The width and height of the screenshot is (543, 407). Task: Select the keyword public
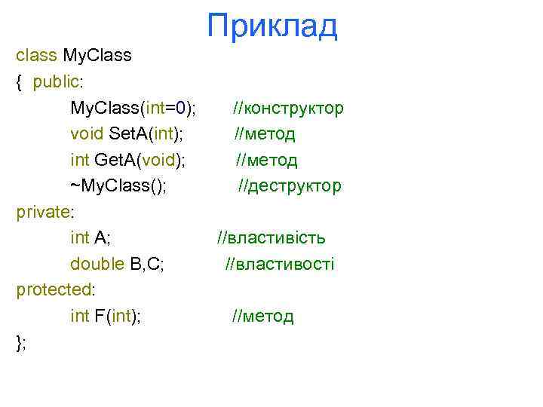57,82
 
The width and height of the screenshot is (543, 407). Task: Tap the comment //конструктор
288,108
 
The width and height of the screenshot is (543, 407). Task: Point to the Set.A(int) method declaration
127,134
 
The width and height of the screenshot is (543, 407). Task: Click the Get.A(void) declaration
129,160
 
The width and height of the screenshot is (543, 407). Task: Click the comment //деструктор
290,185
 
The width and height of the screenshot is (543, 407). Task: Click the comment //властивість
271,238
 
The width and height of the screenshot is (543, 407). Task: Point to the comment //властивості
279,264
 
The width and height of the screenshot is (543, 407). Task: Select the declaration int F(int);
106,316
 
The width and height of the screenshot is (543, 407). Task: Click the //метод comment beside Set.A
265,134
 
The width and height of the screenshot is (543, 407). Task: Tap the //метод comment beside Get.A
266,160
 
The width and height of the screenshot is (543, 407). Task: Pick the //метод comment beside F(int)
262,316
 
